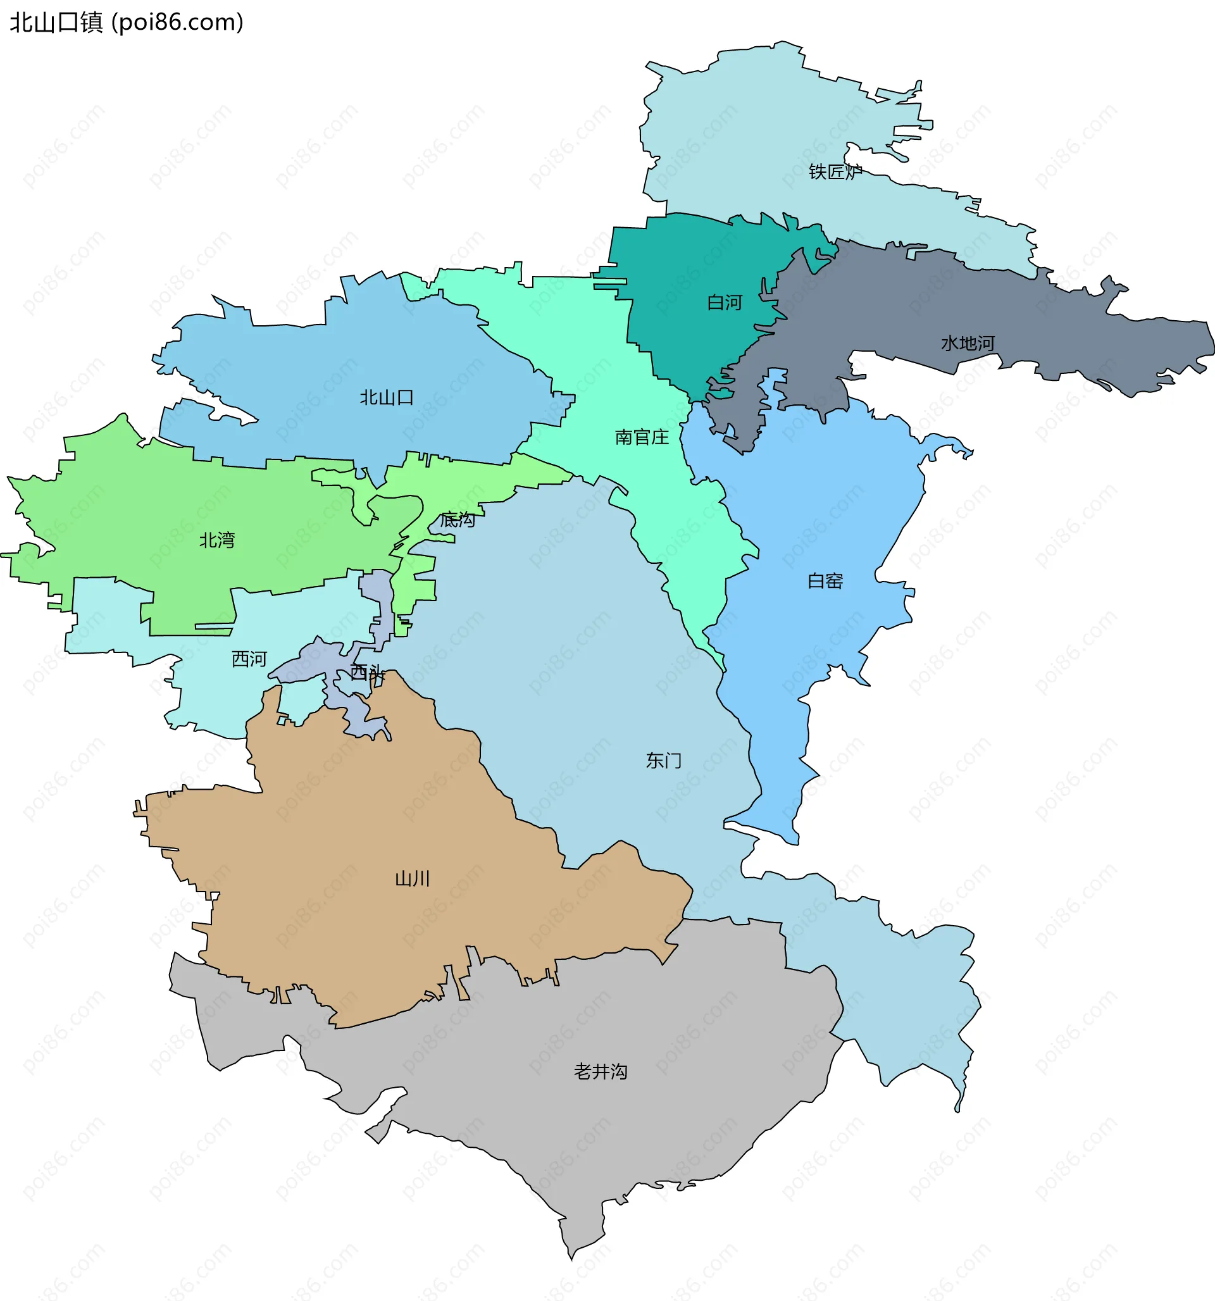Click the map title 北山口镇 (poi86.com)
[x=127, y=22]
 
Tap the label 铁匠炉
[x=835, y=172]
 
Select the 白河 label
[x=725, y=302]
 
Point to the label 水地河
[x=968, y=344]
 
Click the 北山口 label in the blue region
[x=386, y=397]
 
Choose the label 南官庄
[x=642, y=437]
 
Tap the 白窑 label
[x=825, y=581]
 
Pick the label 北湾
[x=216, y=540]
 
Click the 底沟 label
[x=457, y=520]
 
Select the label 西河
[x=249, y=659]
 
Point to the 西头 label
[x=366, y=672]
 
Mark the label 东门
[x=663, y=761]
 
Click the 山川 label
[x=413, y=878]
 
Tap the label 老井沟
[x=601, y=1071]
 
